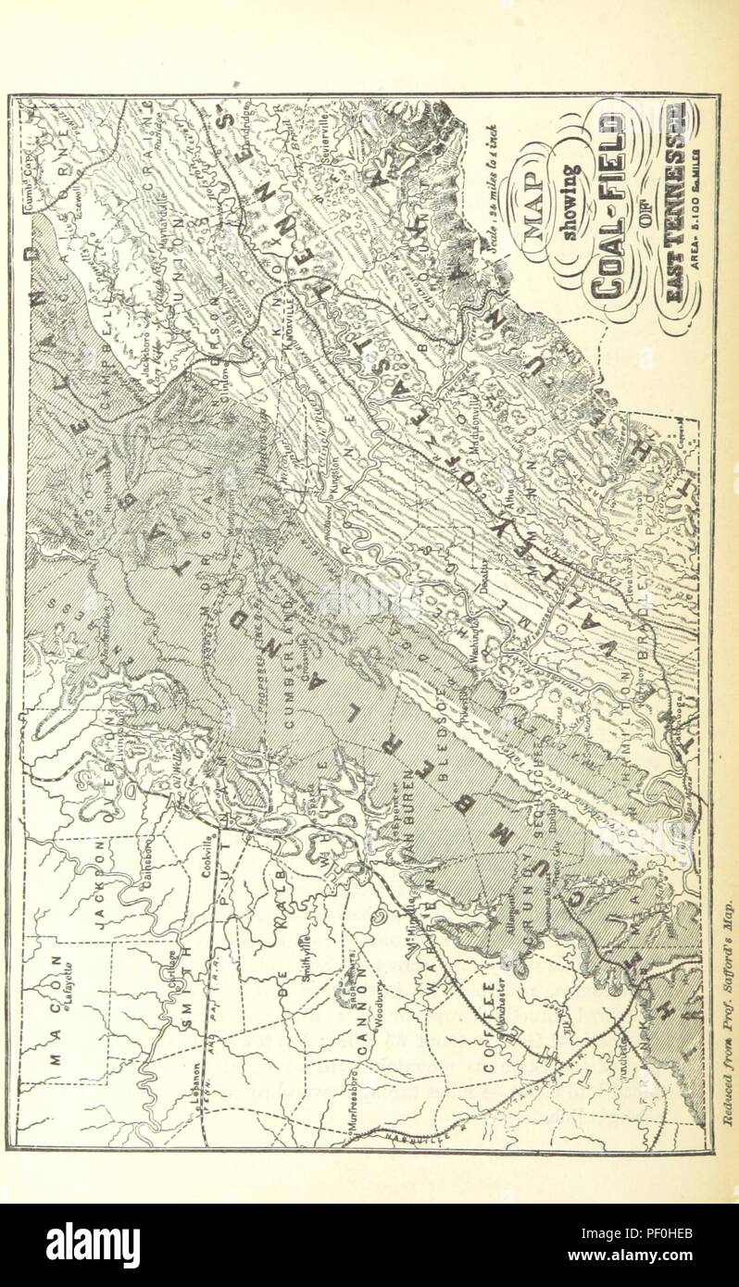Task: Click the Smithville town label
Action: pyautogui.click(x=314, y=968)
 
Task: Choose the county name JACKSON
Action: pyautogui.click(x=101, y=884)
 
